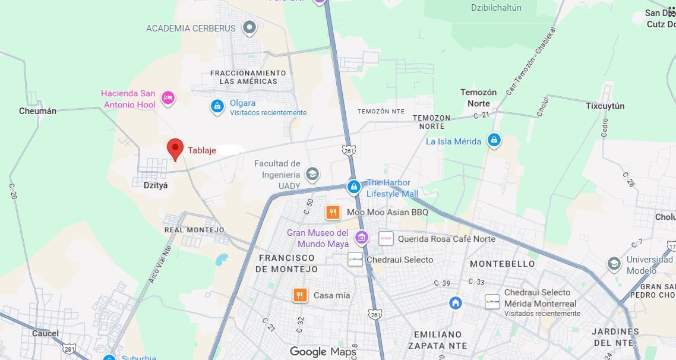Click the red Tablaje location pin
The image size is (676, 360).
[x=175, y=149]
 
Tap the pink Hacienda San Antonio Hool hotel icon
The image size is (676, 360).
[x=168, y=98]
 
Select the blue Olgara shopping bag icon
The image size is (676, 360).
[x=217, y=106]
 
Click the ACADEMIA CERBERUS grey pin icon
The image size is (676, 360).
[x=249, y=27]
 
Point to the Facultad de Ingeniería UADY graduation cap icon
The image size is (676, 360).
[x=312, y=174]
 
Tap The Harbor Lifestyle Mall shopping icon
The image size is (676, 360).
[x=354, y=188]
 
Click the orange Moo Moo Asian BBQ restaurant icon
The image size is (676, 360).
[x=333, y=212]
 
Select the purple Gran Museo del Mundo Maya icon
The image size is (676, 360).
[x=361, y=238]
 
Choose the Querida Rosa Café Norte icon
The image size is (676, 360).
[x=386, y=239]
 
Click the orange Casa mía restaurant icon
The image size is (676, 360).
[x=300, y=295]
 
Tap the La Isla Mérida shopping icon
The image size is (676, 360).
[x=494, y=141]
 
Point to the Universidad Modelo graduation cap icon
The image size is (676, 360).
[x=614, y=264]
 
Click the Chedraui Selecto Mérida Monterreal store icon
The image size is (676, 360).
[x=492, y=302]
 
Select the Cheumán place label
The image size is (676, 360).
[x=37, y=111]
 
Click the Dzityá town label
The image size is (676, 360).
[x=156, y=185]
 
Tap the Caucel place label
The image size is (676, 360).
[x=45, y=333]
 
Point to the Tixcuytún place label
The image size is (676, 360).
[x=605, y=106]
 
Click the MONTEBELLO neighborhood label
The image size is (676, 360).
[x=503, y=263]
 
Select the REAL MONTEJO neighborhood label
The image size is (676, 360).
[x=194, y=230]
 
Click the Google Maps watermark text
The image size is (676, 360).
[x=323, y=352]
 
